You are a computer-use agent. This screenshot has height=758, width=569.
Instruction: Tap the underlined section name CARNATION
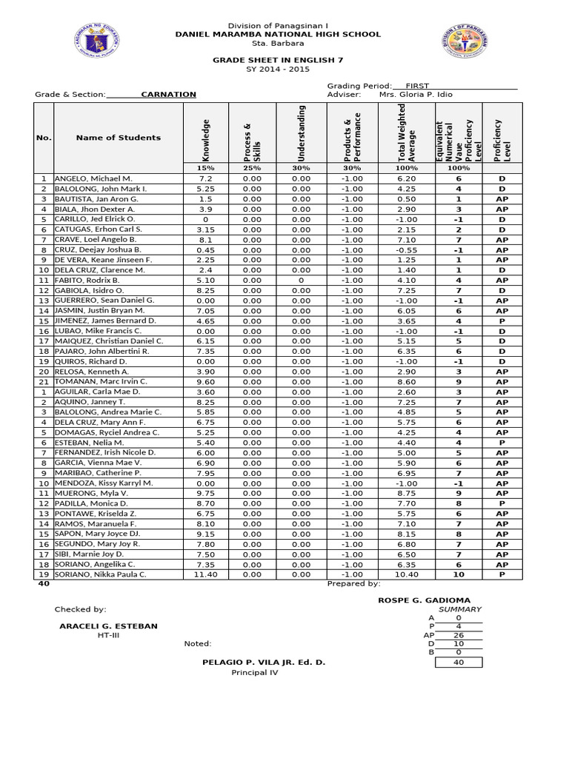click(x=168, y=95)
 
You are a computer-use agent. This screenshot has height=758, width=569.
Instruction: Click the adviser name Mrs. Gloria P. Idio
click(x=416, y=95)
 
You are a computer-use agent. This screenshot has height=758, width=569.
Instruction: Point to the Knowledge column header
click(x=206, y=140)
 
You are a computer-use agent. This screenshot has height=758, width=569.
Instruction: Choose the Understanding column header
click(x=301, y=134)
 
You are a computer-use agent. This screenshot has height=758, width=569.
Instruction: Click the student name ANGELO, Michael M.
click(x=93, y=179)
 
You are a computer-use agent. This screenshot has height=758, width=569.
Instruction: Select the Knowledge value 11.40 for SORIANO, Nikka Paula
click(x=206, y=574)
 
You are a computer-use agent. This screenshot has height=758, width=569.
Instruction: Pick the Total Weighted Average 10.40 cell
click(x=406, y=574)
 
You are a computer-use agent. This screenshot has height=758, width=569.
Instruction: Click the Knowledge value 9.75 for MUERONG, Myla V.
click(x=206, y=493)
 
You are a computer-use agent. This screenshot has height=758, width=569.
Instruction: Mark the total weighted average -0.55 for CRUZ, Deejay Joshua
click(x=406, y=249)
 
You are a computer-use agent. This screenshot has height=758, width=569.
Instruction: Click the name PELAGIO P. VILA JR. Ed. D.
click(x=263, y=662)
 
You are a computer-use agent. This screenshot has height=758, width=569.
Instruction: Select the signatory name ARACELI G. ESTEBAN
click(x=108, y=626)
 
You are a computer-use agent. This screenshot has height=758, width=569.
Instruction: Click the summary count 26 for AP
click(x=458, y=635)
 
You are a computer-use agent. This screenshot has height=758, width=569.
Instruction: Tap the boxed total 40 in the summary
click(x=458, y=663)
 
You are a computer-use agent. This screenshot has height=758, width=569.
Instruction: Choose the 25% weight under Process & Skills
click(x=252, y=169)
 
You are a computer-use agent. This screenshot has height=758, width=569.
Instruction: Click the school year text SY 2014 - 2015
click(x=278, y=69)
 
